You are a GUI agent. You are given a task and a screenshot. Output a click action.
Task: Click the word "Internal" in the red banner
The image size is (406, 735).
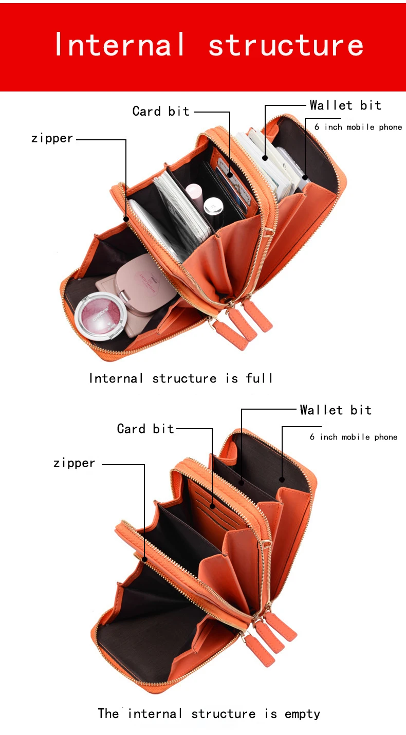(120, 44)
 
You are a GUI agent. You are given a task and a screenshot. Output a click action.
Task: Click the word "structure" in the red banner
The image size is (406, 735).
(286, 45)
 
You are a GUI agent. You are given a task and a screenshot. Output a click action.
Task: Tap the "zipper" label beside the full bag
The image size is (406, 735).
(52, 139)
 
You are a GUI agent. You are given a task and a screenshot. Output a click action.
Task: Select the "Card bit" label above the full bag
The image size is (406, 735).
(161, 111)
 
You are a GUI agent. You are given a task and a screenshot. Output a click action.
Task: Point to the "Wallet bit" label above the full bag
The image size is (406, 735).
(345, 105)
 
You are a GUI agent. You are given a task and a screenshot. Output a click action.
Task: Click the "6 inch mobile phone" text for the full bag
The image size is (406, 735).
(358, 127)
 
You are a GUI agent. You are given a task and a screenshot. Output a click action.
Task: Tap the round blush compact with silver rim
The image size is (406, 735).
(100, 316)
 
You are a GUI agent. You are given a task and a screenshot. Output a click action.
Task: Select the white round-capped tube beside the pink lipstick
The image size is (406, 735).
(213, 207)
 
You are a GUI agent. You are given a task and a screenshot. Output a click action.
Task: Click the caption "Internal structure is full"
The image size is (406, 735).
(180, 378)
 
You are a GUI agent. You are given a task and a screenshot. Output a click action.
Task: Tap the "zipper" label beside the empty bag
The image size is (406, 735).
(74, 463)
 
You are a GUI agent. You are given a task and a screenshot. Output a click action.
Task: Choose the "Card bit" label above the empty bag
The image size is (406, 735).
(145, 429)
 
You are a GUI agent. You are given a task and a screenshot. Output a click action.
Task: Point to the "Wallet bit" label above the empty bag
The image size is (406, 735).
(336, 410)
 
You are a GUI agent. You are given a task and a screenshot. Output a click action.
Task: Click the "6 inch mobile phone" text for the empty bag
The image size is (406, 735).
(354, 437)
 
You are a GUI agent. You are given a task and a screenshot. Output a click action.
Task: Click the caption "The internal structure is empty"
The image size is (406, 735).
(209, 714)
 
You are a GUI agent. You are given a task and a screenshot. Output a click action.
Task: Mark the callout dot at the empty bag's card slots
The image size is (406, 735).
(212, 507)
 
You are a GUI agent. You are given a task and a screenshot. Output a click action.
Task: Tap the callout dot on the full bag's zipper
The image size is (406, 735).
(126, 218)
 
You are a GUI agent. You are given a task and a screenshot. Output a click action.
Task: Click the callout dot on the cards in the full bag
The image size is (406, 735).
(230, 175)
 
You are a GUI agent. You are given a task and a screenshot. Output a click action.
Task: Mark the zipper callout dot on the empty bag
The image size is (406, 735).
(144, 559)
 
